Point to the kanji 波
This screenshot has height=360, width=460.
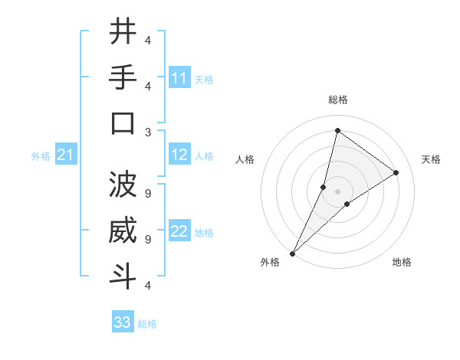point(123,185)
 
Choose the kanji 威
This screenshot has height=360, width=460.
point(123,231)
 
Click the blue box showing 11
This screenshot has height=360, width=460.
point(179,78)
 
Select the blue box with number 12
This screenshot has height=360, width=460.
point(179,155)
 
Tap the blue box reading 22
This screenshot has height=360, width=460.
point(179,232)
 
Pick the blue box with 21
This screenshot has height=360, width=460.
point(66,155)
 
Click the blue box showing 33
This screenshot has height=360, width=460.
point(123,322)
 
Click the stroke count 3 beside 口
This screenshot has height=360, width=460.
point(148,131)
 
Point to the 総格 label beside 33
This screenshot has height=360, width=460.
point(147,324)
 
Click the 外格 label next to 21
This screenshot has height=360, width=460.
point(41,156)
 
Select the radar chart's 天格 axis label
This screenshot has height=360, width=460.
point(431,159)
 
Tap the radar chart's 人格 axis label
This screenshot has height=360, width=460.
point(245,159)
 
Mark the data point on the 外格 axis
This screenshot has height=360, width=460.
point(292,253)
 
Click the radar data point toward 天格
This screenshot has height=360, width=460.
point(396,172)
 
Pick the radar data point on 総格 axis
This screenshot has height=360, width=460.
point(337,130)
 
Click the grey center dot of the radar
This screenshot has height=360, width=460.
point(337,191)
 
